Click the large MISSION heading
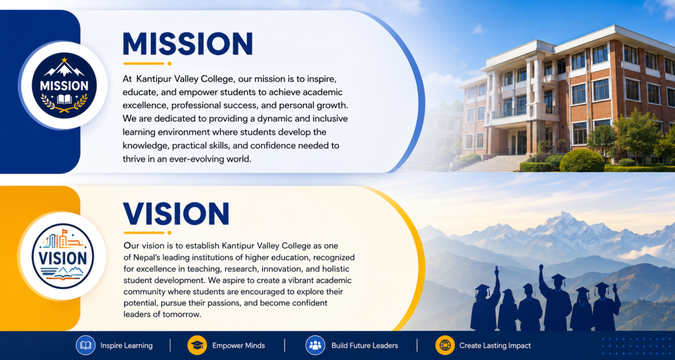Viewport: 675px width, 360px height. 188,44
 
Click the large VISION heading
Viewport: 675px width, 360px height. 175,214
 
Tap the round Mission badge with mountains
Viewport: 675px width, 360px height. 64,85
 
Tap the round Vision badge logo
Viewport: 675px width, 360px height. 63,256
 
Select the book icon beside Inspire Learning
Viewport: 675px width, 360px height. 85,345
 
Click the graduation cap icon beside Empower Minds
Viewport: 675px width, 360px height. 197,345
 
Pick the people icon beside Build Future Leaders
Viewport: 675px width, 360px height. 315,345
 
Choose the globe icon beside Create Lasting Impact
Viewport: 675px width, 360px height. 445,345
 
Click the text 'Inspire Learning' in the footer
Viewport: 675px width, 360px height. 127,345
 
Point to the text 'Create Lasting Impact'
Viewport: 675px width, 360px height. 495,345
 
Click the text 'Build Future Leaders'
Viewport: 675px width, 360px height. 365,345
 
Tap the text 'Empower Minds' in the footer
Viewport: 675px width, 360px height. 239,345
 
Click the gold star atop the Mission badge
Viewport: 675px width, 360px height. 64,60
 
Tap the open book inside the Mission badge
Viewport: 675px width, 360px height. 64,100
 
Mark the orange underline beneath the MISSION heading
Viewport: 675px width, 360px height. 147,63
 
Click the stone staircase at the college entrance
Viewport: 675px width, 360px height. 488,164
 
